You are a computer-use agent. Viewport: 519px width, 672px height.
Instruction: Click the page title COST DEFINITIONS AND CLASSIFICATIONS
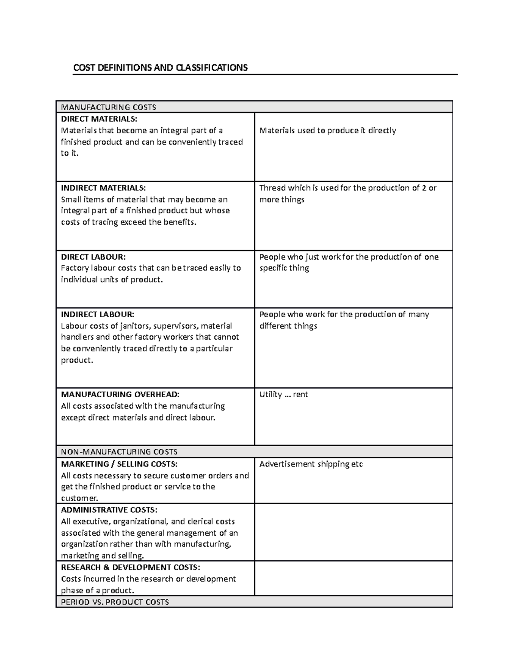(x=160, y=68)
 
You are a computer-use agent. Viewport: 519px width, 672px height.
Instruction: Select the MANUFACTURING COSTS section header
(x=109, y=107)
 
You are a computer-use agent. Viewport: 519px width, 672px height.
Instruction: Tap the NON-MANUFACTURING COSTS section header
(x=119, y=452)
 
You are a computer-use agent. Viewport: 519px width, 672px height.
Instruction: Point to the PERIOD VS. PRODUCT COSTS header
(x=115, y=602)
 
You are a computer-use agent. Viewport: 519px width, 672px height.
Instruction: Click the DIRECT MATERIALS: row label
(x=99, y=119)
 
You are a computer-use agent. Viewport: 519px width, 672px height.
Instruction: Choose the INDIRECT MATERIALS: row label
(x=103, y=188)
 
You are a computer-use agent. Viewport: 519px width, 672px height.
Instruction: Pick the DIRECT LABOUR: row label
(x=93, y=257)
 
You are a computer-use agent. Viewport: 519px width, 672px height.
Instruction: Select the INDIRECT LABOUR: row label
(x=98, y=314)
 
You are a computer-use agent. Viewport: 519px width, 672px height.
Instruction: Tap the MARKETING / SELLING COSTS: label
(x=119, y=464)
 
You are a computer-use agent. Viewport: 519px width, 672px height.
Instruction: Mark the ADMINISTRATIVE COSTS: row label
(x=109, y=510)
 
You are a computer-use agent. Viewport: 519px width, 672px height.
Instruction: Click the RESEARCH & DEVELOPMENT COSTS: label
(x=131, y=567)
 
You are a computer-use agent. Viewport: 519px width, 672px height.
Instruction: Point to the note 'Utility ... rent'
(x=284, y=394)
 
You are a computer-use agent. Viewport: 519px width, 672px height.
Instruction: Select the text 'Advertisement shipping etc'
(x=311, y=464)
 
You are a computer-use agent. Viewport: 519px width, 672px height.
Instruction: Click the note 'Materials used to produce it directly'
(x=327, y=130)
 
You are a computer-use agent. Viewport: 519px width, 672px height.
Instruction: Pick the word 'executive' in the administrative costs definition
(x=91, y=521)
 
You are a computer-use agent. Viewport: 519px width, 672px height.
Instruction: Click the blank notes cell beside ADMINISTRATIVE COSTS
(x=353, y=532)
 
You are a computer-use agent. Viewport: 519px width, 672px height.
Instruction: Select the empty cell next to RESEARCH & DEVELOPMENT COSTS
(x=353, y=578)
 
